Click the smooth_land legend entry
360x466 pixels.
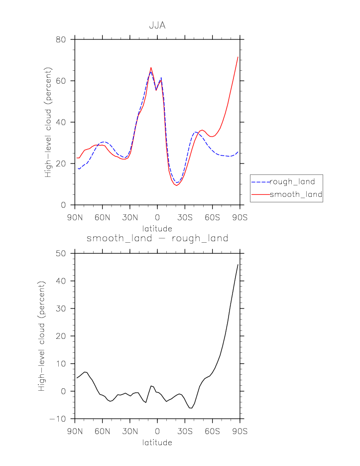[296, 194]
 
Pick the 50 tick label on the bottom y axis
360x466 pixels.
[60, 253]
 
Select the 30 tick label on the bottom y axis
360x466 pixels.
[60, 309]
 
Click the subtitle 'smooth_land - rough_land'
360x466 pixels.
[157, 238]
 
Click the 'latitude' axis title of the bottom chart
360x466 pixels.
[157, 442]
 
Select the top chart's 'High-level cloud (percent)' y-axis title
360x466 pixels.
[48, 122]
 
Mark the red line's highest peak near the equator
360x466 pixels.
[151, 67]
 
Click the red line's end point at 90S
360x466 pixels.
[238, 57]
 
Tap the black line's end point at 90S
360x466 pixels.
[238, 264]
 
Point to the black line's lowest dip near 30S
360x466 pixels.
[190, 408]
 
